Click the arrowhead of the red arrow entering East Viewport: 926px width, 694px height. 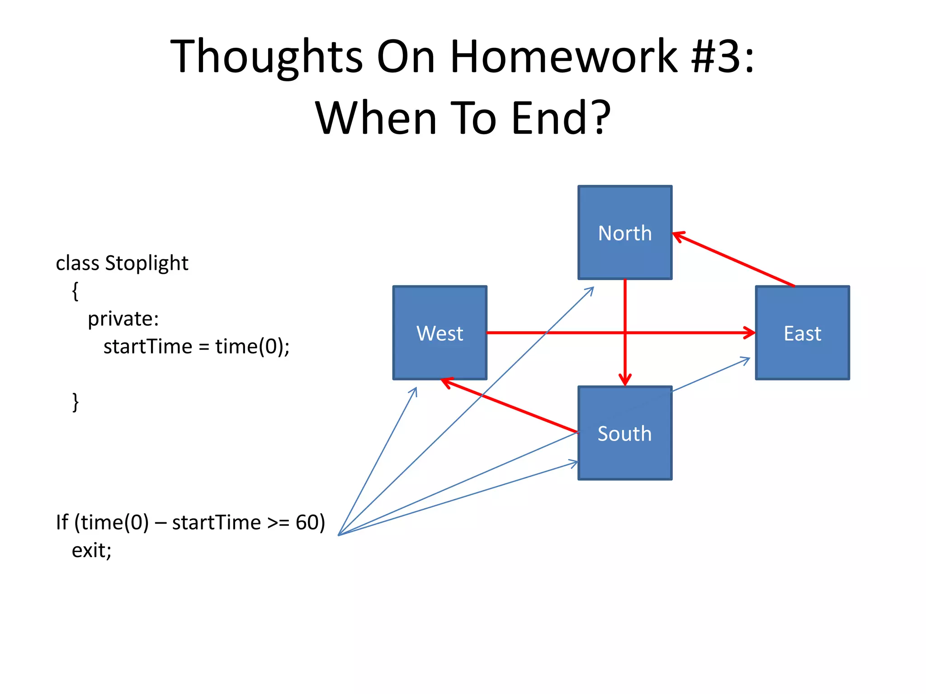tap(750, 333)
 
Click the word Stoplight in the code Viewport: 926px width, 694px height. tap(146, 263)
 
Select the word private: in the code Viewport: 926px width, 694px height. tap(123, 319)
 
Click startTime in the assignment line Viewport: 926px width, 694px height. tap(148, 347)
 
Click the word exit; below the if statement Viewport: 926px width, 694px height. tap(91, 551)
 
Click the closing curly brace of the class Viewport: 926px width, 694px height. tap(76, 402)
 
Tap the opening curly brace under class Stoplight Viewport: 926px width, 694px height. tap(76, 291)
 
